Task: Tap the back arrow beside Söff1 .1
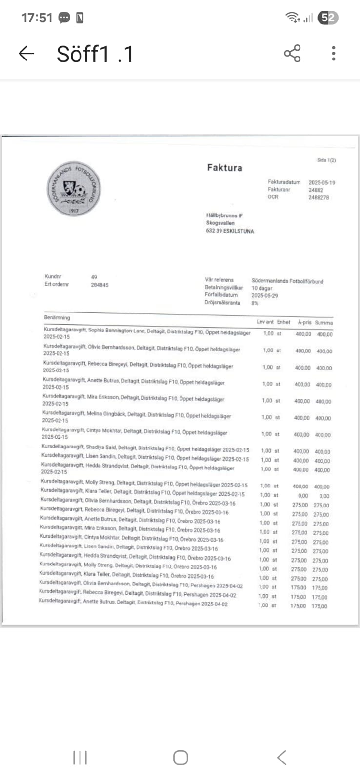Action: [26, 54]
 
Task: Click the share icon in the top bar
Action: [292, 53]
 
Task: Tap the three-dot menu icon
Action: [334, 53]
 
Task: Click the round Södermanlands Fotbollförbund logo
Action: [73, 189]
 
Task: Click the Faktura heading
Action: [224, 168]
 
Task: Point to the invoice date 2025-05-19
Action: [321, 182]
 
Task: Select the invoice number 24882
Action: [316, 190]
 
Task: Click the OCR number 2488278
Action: [319, 198]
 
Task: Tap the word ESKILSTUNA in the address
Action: [239, 231]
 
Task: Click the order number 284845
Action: [100, 285]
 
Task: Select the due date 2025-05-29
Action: [264, 295]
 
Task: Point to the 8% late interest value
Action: [255, 303]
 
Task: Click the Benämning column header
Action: [57, 318]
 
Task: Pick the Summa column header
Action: [323, 323]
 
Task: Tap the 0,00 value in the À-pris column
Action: [303, 496]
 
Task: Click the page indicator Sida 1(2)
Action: [326, 160]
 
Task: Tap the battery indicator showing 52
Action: [328, 18]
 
